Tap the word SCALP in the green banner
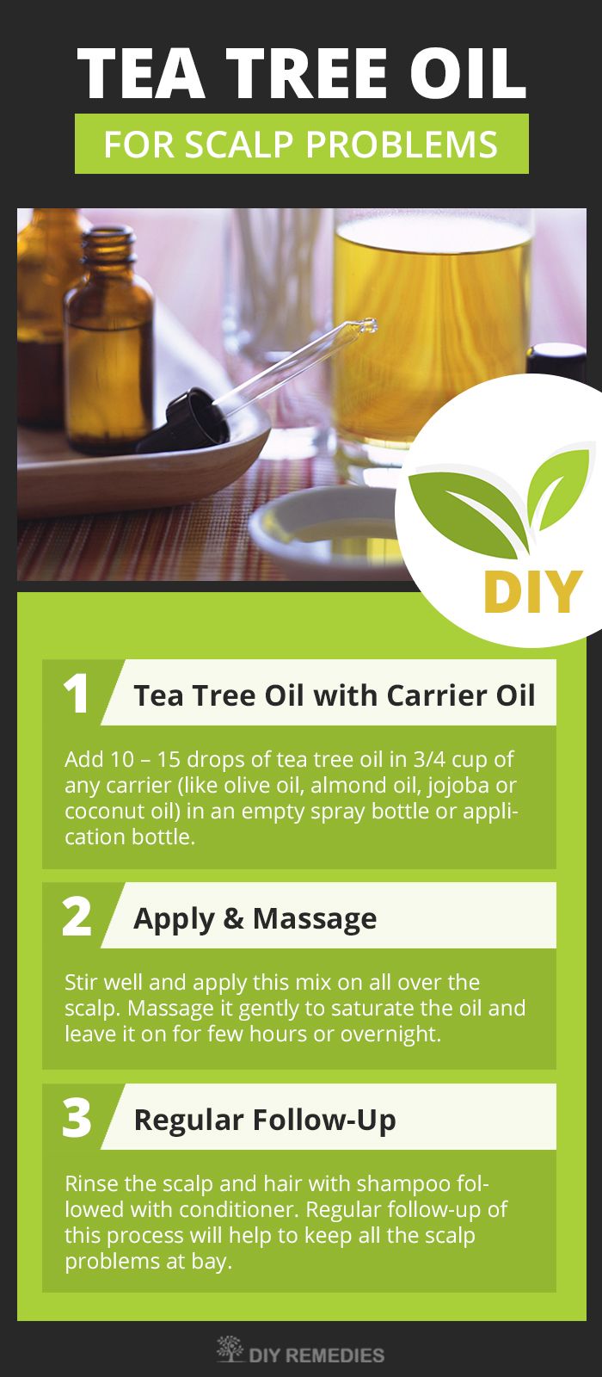pyautogui.click(x=240, y=145)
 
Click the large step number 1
pyautogui.click(x=77, y=693)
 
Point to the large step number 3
pyautogui.click(x=77, y=1117)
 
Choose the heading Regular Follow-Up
pyautogui.click(x=265, y=1120)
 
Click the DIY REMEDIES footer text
pyautogui.click(x=316, y=1355)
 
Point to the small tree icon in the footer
pyautogui.click(x=230, y=1349)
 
